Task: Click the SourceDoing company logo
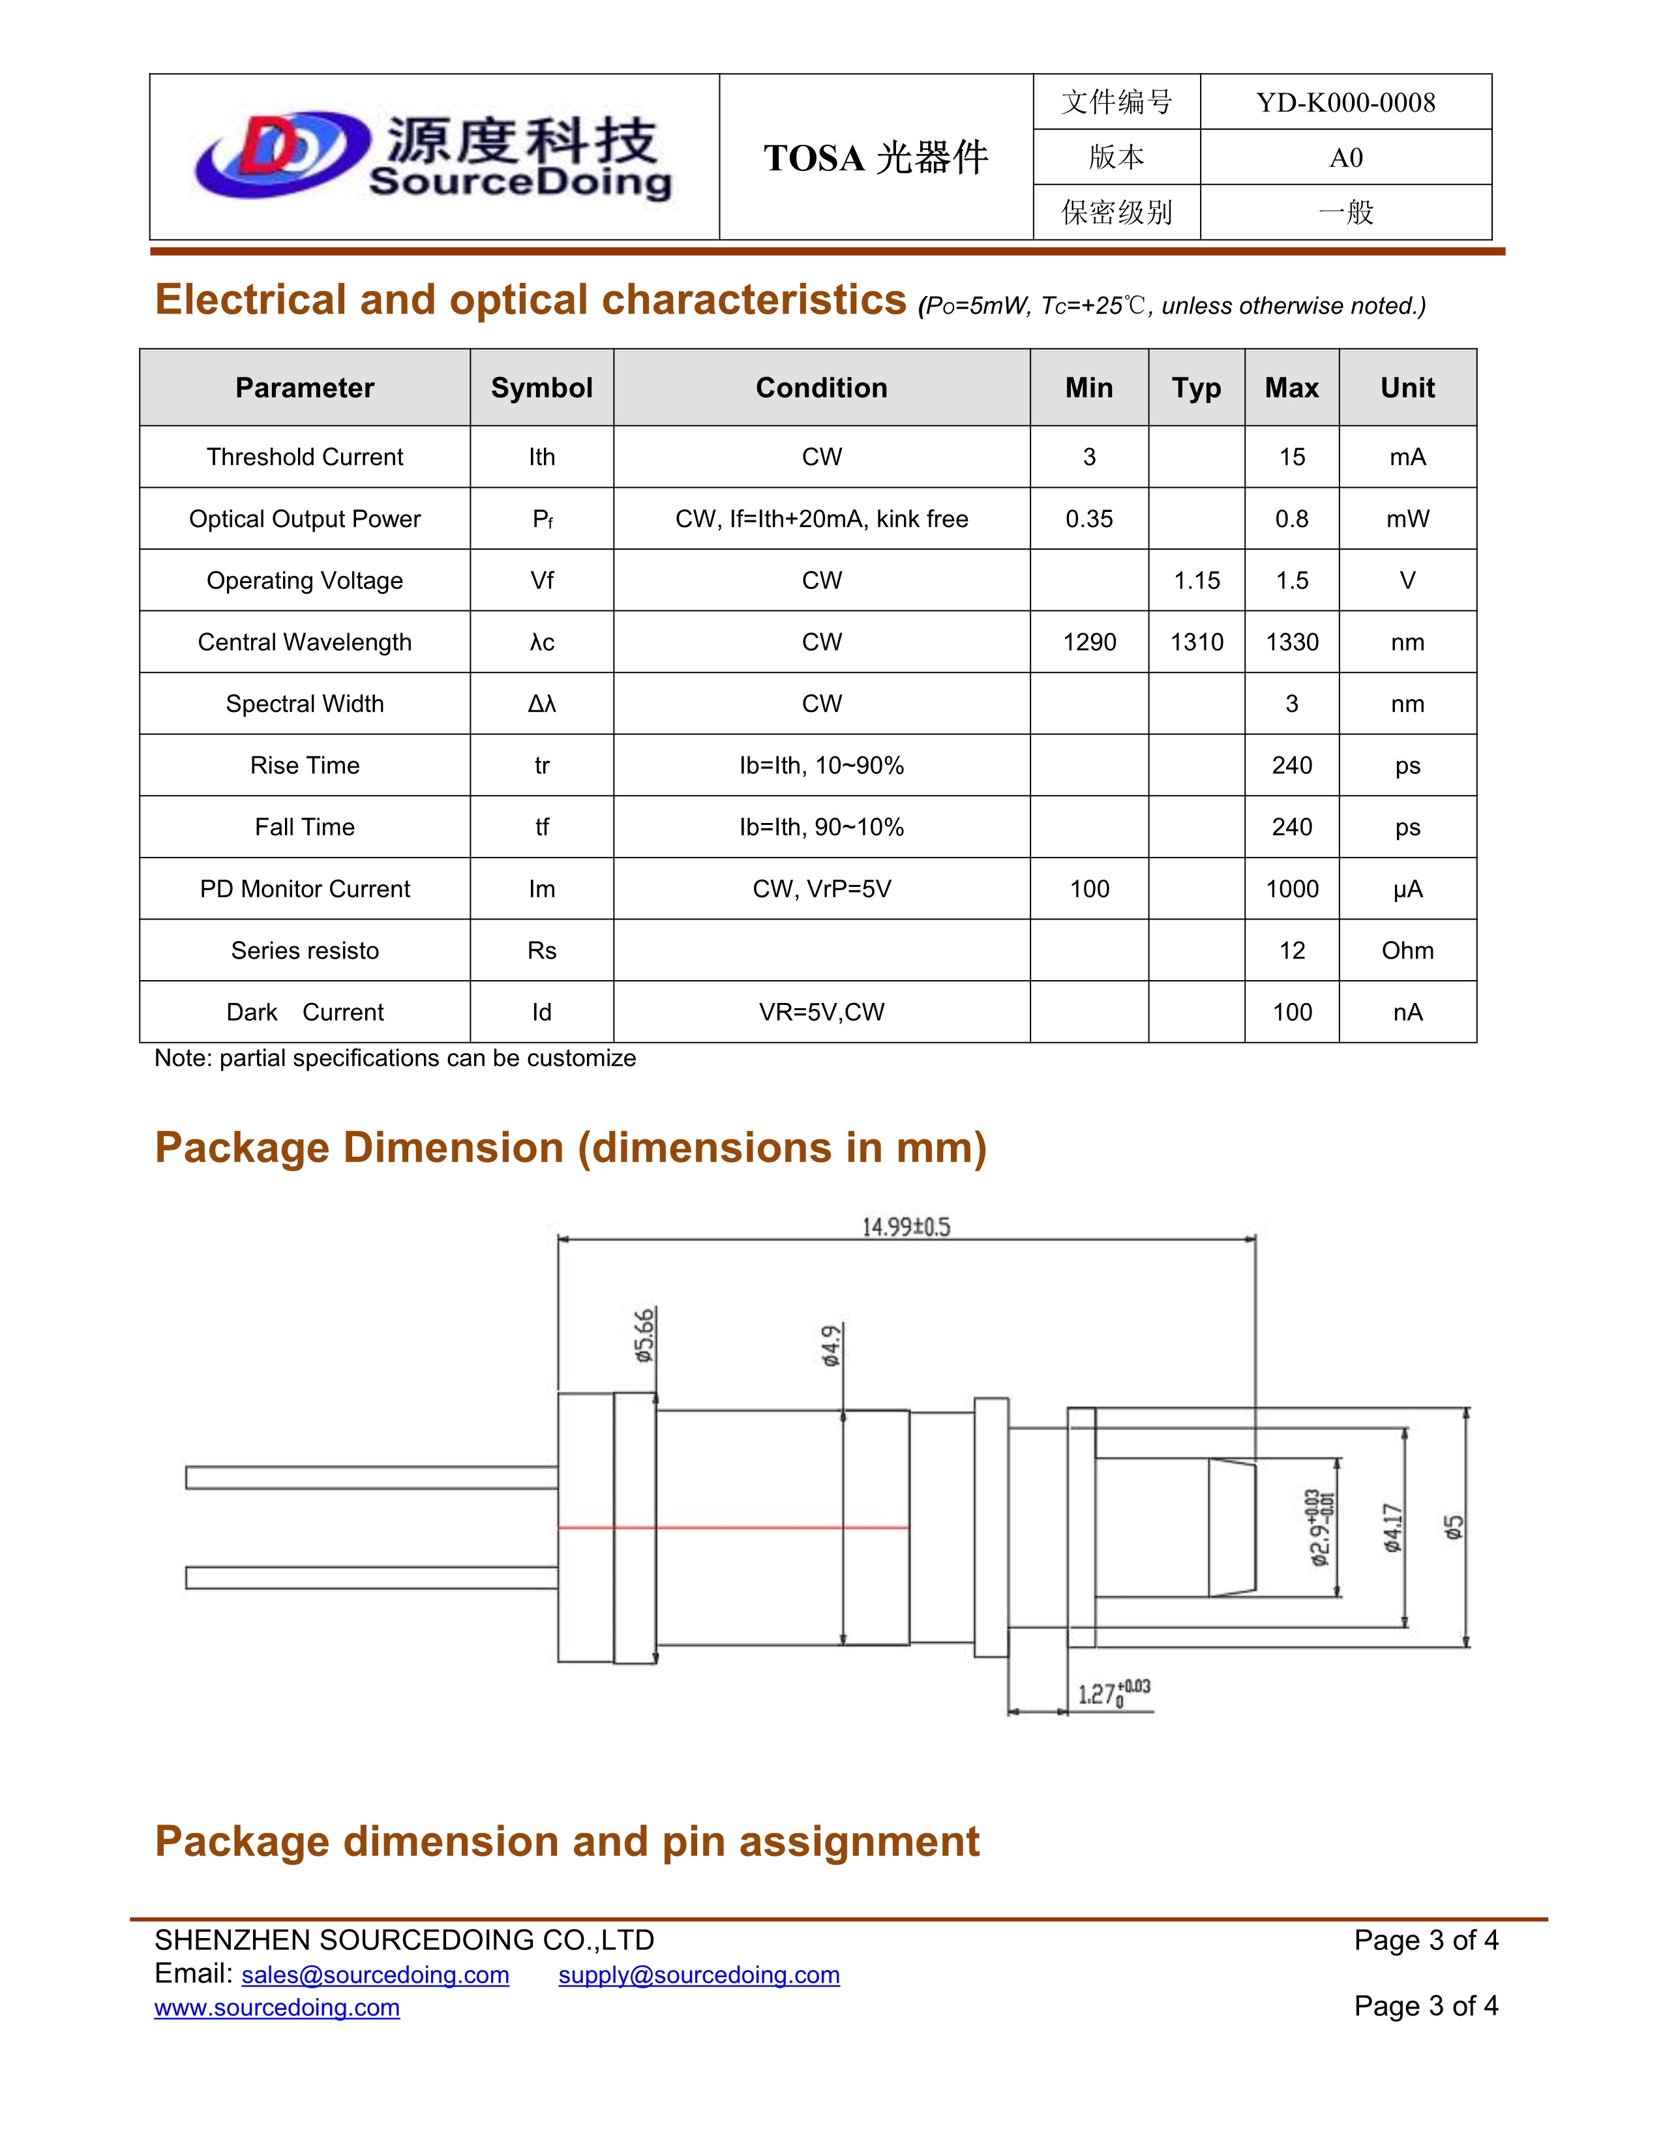434,156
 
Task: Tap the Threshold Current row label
305,457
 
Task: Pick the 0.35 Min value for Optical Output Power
1088,519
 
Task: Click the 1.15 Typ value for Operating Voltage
1196,581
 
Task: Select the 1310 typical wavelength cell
1196,642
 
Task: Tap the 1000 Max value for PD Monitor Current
1291,889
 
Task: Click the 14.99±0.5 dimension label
905,1227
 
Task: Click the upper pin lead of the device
372,1477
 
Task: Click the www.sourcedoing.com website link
277,2007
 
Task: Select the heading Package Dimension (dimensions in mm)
571,1148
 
